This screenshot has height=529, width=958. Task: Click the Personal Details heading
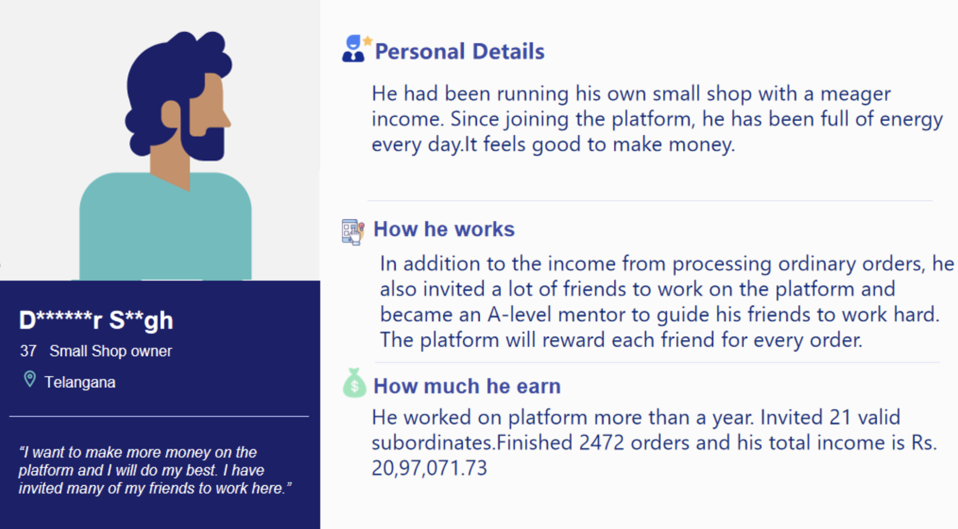459,51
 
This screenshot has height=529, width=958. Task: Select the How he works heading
444,229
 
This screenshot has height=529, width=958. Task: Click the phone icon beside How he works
353,232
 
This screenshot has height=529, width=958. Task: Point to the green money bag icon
354,383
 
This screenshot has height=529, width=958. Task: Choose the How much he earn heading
467,386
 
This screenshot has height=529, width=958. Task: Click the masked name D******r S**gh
96,321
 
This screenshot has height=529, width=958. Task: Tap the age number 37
28,351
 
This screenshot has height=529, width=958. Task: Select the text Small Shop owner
111,351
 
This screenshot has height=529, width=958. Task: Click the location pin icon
30,379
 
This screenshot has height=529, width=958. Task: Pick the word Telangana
80,382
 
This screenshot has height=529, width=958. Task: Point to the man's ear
171,114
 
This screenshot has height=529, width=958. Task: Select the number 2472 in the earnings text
601,443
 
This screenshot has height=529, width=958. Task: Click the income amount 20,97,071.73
429,468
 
